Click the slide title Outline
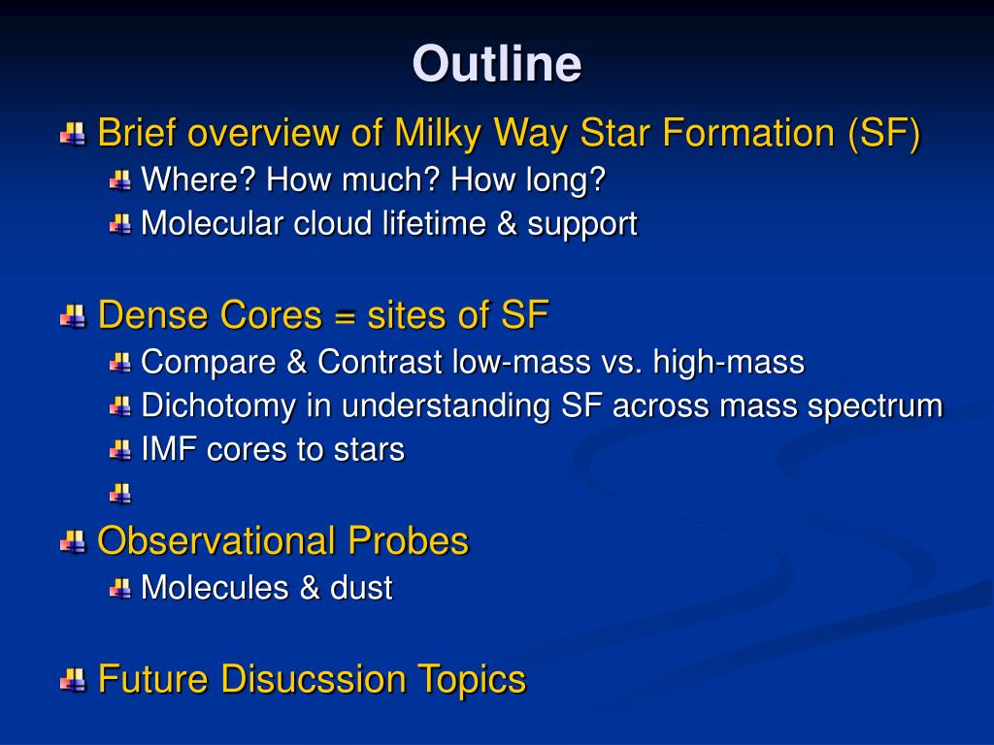pyautogui.click(x=497, y=63)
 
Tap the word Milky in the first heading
pyautogui.click(x=438, y=133)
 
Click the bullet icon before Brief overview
pyautogui.click(x=73, y=134)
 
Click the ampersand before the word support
pyautogui.click(x=507, y=223)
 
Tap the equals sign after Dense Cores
pyautogui.click(x=345, y=315)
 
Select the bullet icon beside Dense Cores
pyautogui.click(x=73, y=316)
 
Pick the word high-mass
pyautogui.click(x=729, y=362)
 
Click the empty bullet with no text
pyautogui.click(x=119, y=493)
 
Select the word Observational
pyautogui.click(x=216, y=541)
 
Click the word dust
pyautogui.click(x=361, y=587)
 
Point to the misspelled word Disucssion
pyautogui.click(x=313, y=678)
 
